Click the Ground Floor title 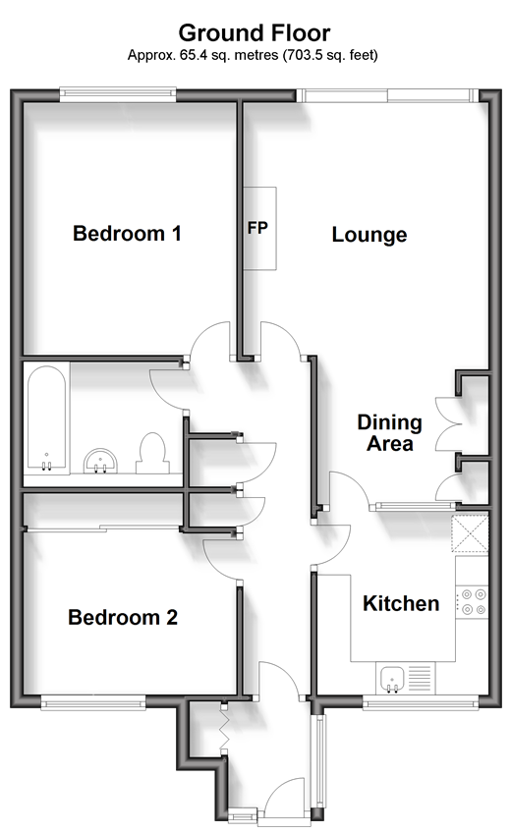point(254,33)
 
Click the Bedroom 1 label point(127,233)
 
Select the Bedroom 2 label point(123,617)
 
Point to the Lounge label point(369,235)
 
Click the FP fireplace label point(257,228)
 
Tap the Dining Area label point(389,432)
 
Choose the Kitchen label point(401,603)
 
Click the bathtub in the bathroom point(47,418)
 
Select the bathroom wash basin point(100,461)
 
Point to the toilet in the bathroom point(152,453)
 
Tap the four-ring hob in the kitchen point(472,602)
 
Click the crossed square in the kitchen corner point(470,533)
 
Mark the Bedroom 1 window point(118,94)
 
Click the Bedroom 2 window point(93,703)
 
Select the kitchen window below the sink point(420,703)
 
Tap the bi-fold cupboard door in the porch point(224,728)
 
